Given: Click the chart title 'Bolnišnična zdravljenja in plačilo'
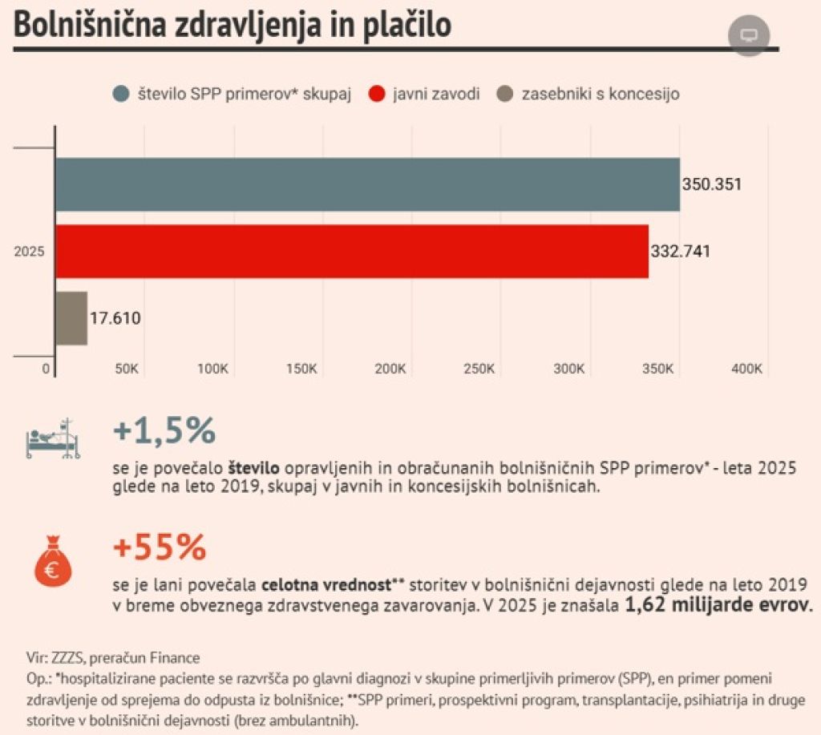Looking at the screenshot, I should [233, 24].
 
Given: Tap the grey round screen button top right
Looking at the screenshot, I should [749, 36].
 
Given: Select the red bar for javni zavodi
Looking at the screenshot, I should [351, 251].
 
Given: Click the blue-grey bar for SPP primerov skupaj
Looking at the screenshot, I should [367, 184].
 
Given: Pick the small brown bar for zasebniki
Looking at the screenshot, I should [71, 318].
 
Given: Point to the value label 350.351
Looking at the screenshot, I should [712, 184].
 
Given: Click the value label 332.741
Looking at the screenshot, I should [680, 251].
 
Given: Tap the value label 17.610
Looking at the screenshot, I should [115, 318].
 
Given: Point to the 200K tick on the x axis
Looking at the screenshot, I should [391, 369].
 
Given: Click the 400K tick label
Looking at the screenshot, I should [747, 369].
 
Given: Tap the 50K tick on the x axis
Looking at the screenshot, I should [128, 369].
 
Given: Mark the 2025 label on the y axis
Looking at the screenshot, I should [29, 252].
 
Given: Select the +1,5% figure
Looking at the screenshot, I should [164, 431].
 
